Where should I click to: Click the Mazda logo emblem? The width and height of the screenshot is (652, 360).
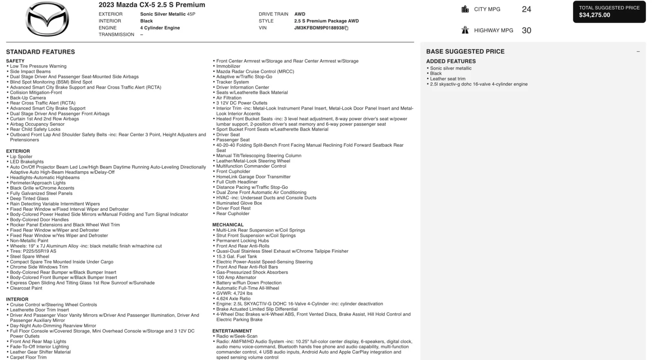click(47, 19)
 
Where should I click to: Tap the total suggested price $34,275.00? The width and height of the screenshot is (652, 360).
click(595, 15)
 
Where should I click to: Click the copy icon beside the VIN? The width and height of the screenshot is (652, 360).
click(347, 28)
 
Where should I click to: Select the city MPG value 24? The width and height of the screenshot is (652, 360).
click(526, 9)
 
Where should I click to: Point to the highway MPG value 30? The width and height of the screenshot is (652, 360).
click(526, 31)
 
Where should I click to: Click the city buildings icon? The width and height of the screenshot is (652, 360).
click(465, 9)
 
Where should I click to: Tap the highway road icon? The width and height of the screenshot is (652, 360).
click(465, 30)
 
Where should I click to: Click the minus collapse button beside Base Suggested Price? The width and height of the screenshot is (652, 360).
click(638, 52)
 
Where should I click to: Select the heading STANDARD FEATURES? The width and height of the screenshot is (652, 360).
click(40, 52)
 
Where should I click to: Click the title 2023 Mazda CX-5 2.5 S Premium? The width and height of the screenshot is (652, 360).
click(152, 5)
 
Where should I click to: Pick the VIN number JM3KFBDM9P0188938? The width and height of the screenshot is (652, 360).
click(319, 28)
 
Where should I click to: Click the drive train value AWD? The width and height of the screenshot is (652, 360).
click(300, 14)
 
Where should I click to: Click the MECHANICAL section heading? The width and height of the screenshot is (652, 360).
click(228, 225)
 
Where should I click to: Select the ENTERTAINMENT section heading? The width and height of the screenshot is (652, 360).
click(232, 331)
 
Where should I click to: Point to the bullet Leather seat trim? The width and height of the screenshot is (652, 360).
click(447, 79)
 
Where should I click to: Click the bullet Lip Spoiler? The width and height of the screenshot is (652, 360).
click(21, 157)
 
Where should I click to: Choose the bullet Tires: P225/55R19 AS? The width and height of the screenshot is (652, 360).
click(33, 251)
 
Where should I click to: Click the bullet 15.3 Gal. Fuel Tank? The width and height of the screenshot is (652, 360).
click(236, 256)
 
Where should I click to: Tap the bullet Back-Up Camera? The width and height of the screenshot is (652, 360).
click(28, 98)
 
